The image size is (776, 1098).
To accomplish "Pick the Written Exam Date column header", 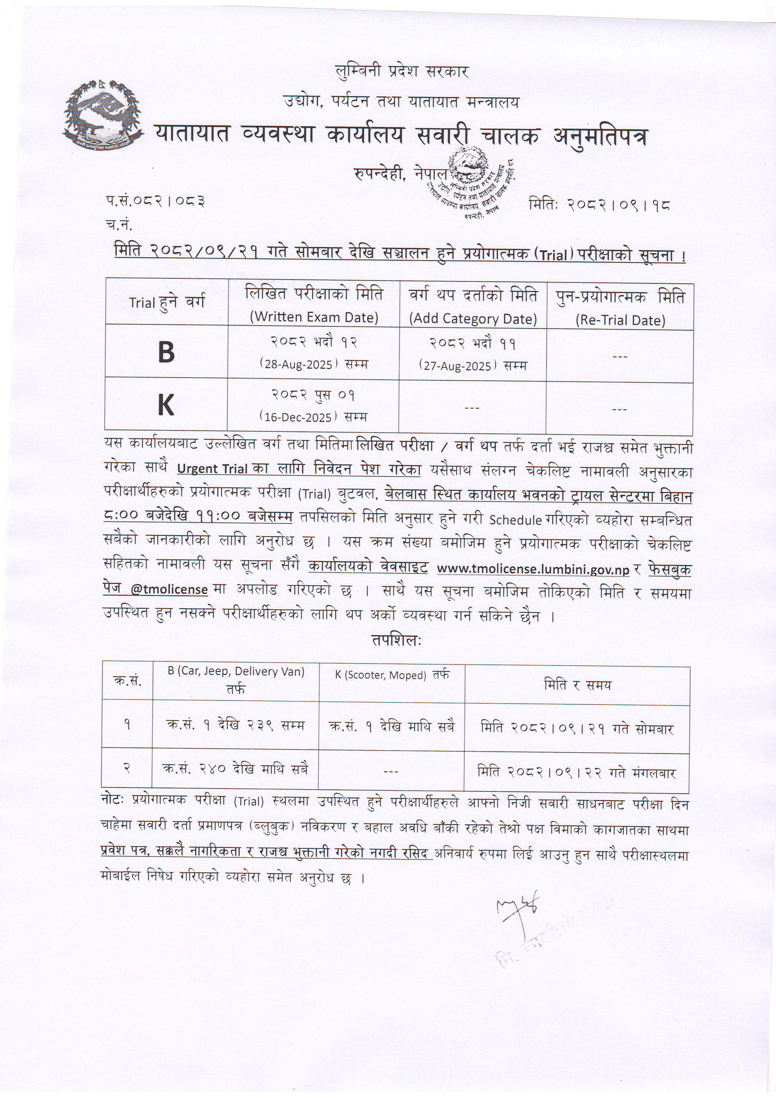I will [x=314, y=317].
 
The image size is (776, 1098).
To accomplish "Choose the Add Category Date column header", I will [x=473, y=319].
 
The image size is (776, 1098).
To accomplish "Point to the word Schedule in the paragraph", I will [x=515, y=520].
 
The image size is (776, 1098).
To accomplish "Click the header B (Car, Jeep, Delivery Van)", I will [x=236, y=671].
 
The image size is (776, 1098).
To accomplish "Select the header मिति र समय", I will [x=577, y=685].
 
